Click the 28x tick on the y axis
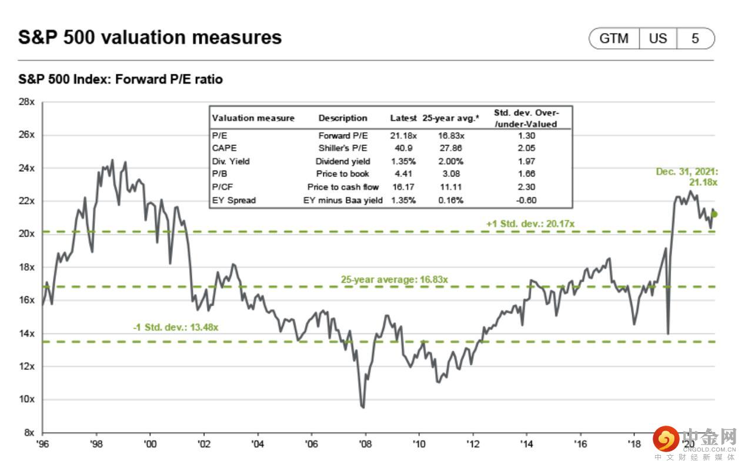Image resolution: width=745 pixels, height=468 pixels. pyautogui.click(x=27, y=102)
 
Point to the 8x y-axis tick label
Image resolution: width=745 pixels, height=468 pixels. pyautogui.click(x=29, y=432)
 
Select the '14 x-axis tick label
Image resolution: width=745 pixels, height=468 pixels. pyautogui.click(x=526, y=444)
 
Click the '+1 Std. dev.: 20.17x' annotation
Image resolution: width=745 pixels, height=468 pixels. pyautogui.click(x=530, y=224)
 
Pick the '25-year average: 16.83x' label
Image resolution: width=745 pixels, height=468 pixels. pyautogui.click(x=394, y=280)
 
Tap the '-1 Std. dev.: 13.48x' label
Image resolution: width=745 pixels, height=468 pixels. pyautogui.click(x=175, y=327)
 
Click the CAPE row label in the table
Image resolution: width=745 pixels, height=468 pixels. pyautogui.click(x=224, y=148)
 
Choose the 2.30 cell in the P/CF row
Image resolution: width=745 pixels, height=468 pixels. pyautogui.click(x=526, y=187)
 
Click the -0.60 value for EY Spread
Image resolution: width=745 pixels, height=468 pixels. pyautogui.click(x=526, y=200)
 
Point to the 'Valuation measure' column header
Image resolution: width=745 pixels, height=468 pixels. pyautogui.click(x=253, y=118)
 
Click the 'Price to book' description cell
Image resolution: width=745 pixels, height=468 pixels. pyautogui.click(x=343, y=174)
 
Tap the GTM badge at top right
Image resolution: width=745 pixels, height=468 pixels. pyautogui.click(x=614, y=39)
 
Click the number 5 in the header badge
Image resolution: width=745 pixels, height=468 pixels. pyautogui.click(x=695, y=39)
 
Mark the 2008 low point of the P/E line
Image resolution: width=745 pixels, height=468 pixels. pyautogui.click(x=363, y=407)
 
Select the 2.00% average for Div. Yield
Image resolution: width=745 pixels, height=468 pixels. pyautogui.click(x=450, y=161)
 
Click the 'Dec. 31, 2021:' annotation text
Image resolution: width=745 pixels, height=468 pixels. pyautogui.click(x=687, y=172)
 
